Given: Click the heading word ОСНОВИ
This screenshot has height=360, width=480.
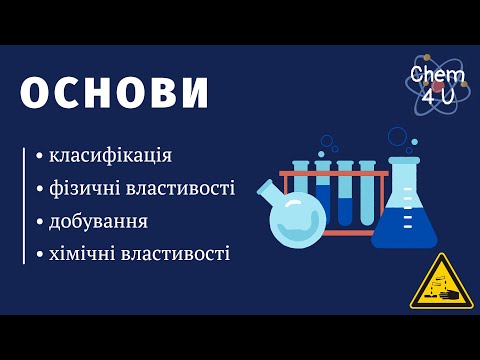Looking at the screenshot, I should click(x=115, y=93).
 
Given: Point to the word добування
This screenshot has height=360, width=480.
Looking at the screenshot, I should click(x=99, y=221).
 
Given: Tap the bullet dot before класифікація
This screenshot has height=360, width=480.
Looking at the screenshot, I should click(x=39, y=157).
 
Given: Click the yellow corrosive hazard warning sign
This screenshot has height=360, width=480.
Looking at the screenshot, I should click(x=439, y=282).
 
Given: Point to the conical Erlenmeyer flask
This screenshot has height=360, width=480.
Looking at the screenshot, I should click(x=404, y=215).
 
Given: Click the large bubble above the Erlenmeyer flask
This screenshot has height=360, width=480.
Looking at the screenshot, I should click(x=397, y=136).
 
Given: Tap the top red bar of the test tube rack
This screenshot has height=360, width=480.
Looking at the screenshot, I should click(x=333, y=173).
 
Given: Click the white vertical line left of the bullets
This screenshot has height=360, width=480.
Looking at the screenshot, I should click(x=23, y=205).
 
